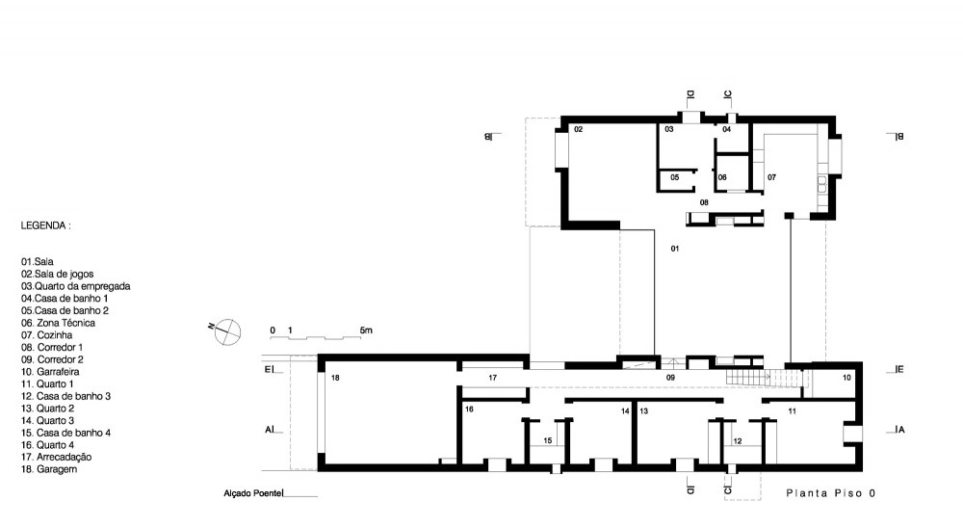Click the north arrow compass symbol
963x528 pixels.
pyautogui.click(x=226, y=331)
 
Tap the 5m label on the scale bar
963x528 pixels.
pyautogui.click(x=366, y=330)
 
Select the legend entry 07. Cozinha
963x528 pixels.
pyautogui.click(x=46, y=335)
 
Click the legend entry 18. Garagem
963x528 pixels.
pyautogui.click(x=49, y=469)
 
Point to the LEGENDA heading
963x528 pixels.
pyautogui.click(x=45, y=225)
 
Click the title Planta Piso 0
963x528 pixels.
pyautogui.click(x=831, y=493)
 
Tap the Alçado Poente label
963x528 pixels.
pyautogui.click(x=253, y=493)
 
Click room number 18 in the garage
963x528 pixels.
pyautogui.click(x=335, y=378)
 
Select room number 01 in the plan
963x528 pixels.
pyautogui.click(x=675, y=249)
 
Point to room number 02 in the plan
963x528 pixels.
pyautogui.click(x=579, y=129)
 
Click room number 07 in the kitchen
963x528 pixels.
pyautogui.click(x=772, y=177)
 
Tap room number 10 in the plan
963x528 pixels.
pyautogui.click(x=846, y=378)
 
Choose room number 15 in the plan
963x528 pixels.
pyautogui.click(x=548, y=440)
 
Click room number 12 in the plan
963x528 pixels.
pyautogui.click(x=739, y=440)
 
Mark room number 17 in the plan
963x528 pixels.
pyautogui.click(x=492, y=378)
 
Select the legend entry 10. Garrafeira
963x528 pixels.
pyautogui.click(x=50, y=371)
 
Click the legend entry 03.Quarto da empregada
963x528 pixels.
pyautogui.click(x=75, y=286)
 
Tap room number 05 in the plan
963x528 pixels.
pyautogui.click(x=675, y=177)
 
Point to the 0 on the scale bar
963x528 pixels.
pyautogui.click(x=273, y=330)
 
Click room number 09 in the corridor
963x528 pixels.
pyautogui.click(x=670, y=378)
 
